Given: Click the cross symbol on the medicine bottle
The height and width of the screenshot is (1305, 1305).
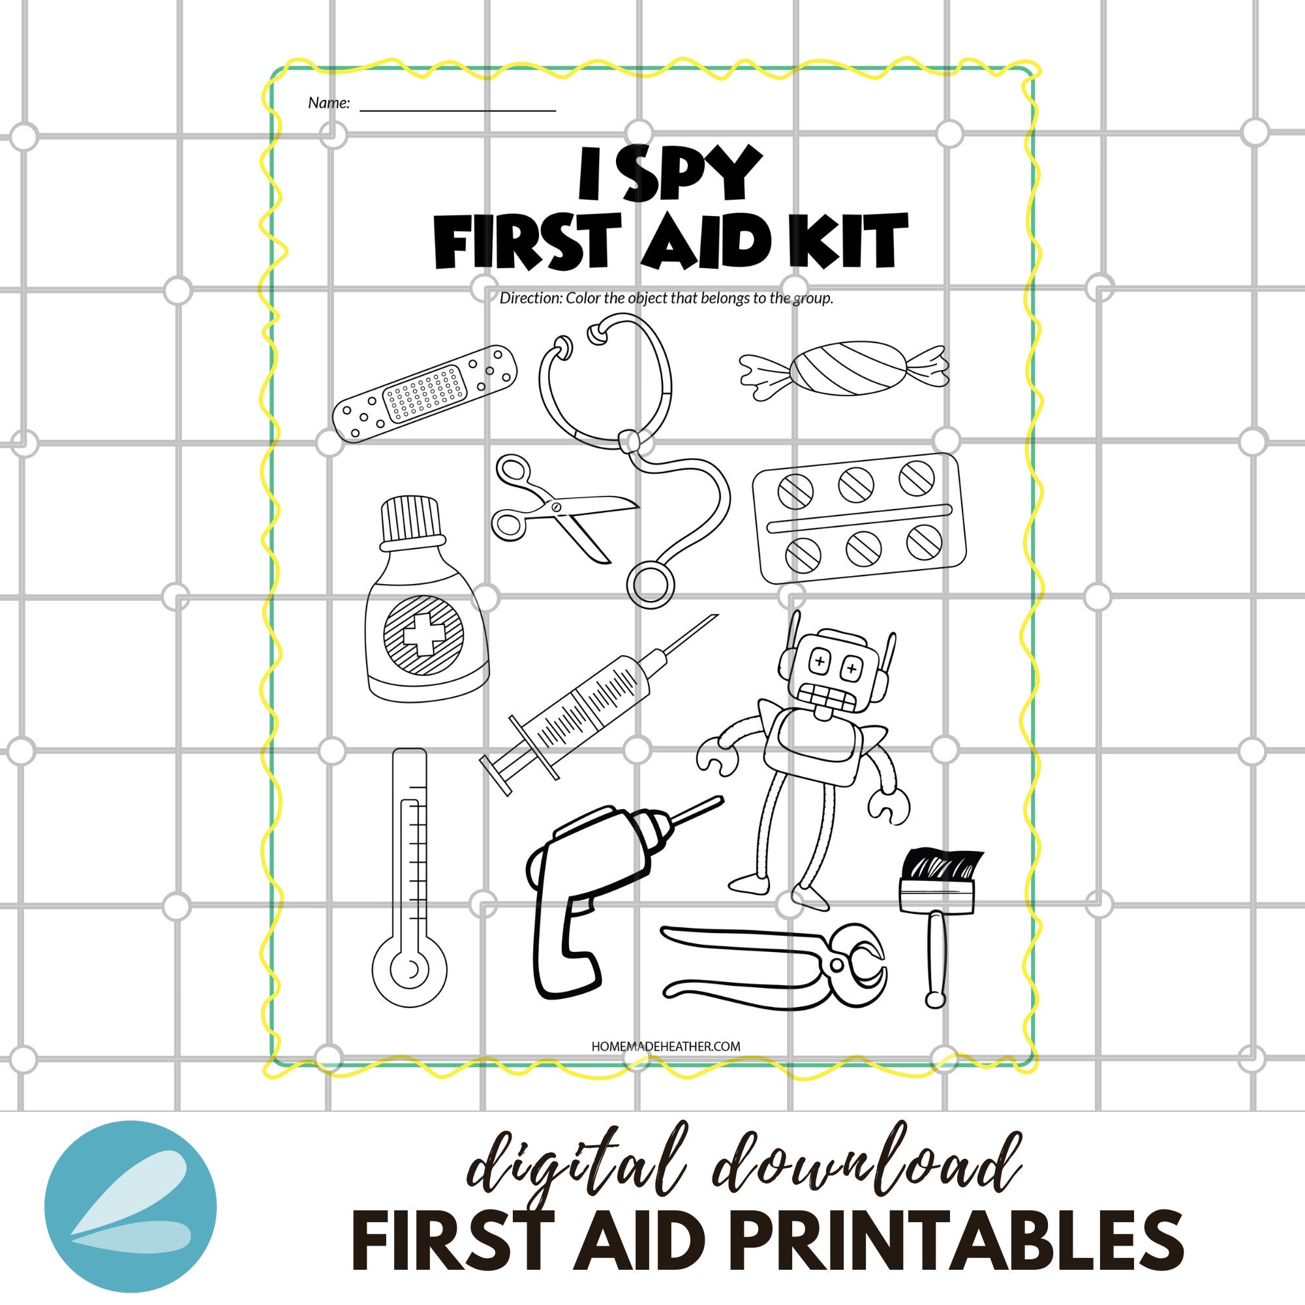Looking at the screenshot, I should (423, 634).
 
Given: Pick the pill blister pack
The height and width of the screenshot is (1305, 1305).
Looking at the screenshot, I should (859, 517).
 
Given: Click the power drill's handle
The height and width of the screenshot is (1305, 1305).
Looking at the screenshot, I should (560, 945).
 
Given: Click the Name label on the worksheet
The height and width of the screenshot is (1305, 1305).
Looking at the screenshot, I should (329, 103).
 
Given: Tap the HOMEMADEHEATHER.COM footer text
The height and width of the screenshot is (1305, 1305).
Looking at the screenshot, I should (666, 1047).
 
